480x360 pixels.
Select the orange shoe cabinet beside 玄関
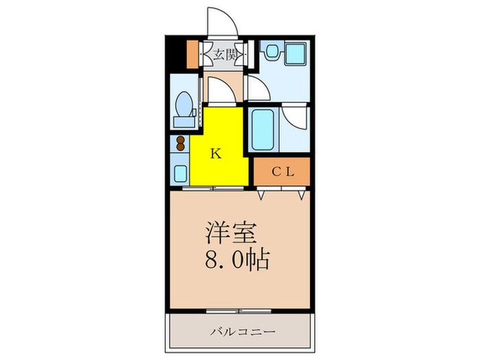191,55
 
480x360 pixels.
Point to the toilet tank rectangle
183,121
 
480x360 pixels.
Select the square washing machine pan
296,54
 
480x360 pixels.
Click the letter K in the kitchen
215,154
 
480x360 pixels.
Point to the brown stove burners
180,144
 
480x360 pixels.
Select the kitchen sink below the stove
180,171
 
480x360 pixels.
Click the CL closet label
282,172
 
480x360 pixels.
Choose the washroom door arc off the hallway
258,90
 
